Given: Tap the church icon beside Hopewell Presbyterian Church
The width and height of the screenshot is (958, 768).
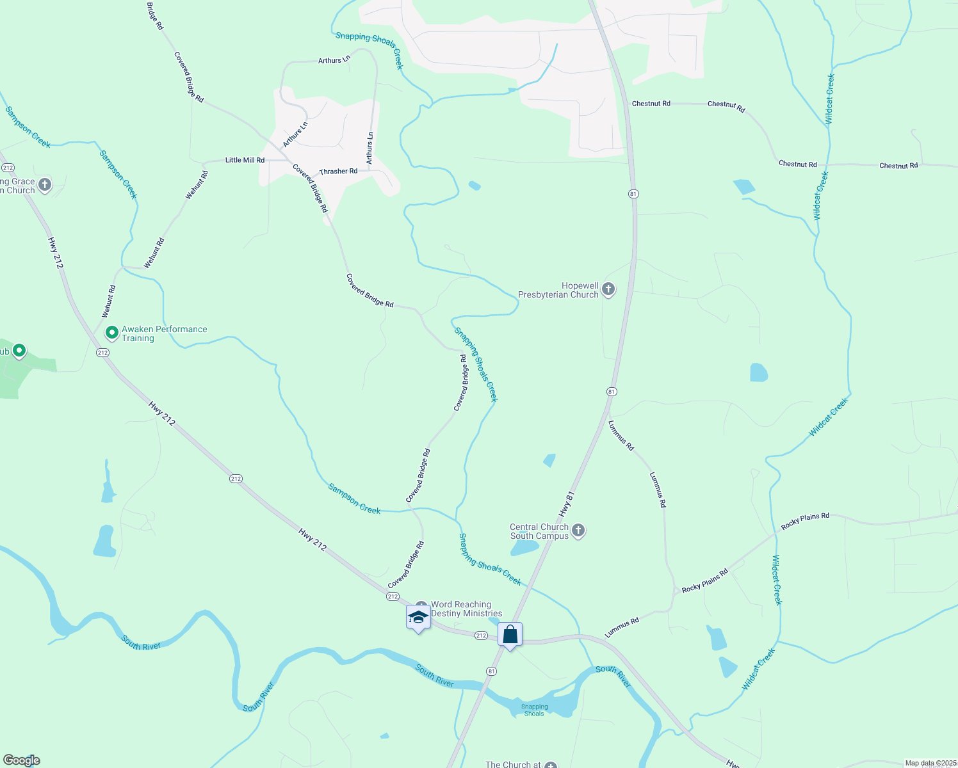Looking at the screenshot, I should (608, 289).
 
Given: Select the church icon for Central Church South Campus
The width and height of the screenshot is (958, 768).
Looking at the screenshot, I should (578, 531).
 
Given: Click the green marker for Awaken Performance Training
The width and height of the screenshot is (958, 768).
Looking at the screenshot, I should (111, 332).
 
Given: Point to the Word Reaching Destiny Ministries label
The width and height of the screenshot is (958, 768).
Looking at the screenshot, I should (466, 609).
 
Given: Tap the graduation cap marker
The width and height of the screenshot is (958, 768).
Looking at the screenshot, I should (418, 618).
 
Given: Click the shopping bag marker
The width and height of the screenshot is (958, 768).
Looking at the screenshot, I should (510, 635).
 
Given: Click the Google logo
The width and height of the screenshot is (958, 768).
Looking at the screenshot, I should (22, 760).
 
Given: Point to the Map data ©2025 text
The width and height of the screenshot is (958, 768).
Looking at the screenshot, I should (930, 763).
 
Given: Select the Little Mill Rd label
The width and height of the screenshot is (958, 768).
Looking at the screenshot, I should (245, 160).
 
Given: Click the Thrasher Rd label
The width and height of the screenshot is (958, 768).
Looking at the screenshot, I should (338, 172).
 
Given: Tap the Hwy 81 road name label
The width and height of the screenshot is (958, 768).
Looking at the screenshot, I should (566, 504).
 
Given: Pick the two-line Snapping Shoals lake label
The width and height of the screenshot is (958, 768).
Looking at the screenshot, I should (534, 710).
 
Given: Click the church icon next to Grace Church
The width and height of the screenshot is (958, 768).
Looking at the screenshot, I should (44, 185).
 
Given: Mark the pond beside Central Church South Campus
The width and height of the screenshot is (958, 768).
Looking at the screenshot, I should (524, 547).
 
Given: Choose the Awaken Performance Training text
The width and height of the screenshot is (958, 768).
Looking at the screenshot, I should (164, 333).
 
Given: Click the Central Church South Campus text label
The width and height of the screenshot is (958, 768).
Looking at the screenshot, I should (539, 531).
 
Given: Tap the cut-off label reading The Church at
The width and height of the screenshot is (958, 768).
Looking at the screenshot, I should (514, 764).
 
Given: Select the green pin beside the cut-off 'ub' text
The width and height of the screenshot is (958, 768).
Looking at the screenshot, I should (19, 351).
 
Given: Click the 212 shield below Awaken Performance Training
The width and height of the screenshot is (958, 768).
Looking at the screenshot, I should (102, 353).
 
